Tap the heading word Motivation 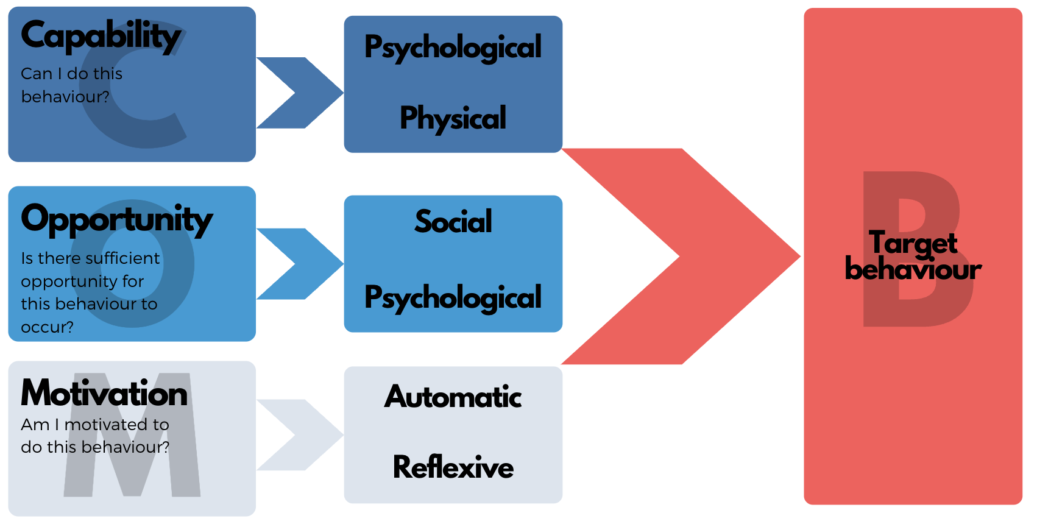(104, 394)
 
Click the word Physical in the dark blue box (453, 118)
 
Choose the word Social (453, 222)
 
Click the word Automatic (453, 397)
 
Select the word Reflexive (453, 468)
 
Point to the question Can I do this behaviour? (71, 85)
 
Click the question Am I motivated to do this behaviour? (94, 436)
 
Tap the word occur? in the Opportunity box (47, 327)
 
